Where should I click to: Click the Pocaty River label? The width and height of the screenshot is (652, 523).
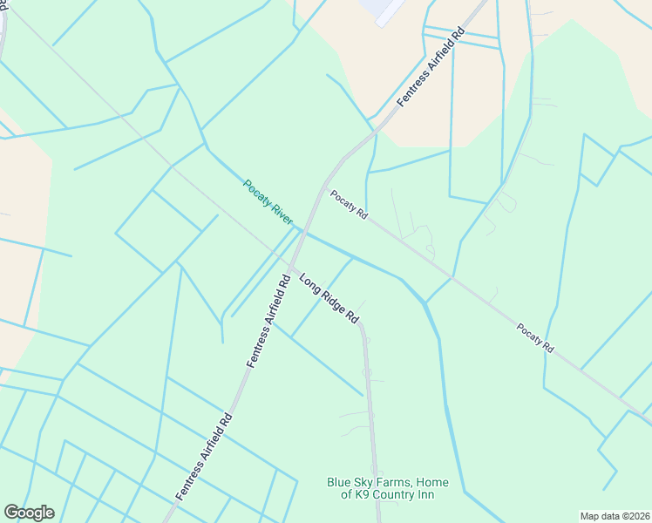click(x=268, y=201)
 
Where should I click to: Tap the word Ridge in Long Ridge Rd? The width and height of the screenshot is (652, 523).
click(x=330, y=299)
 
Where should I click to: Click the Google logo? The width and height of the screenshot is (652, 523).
click(x=29, y=513)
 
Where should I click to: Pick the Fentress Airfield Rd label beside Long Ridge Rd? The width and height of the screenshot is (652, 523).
click(x=268, y=321)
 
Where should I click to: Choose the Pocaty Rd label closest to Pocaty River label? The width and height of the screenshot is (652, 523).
click(x=348, y=206)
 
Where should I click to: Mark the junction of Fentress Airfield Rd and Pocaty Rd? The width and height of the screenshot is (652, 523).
click(x=327, y=185)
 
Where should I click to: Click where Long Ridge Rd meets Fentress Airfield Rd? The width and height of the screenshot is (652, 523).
click(x=292, y=266)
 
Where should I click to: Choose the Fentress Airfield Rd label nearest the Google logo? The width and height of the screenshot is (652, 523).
click(x=203, y=456)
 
